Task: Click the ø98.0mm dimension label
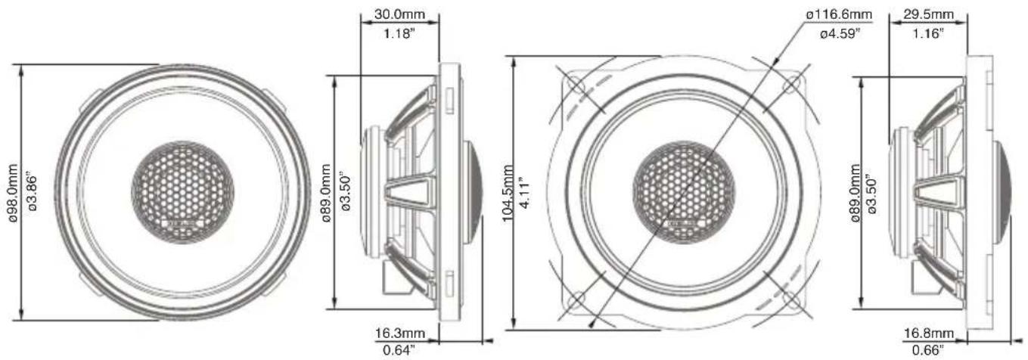tap(13, 193)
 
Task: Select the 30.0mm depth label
tap(399, 14)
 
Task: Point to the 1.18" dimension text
tap(399, 33)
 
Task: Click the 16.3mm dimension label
tap(400, 333)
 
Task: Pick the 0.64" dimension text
tap(399, 351)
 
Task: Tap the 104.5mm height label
tap(508, 193)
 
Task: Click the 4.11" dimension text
tap(523, 193)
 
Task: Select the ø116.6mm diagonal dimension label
tap(839, 14)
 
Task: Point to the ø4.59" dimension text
tap(840, 33)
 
